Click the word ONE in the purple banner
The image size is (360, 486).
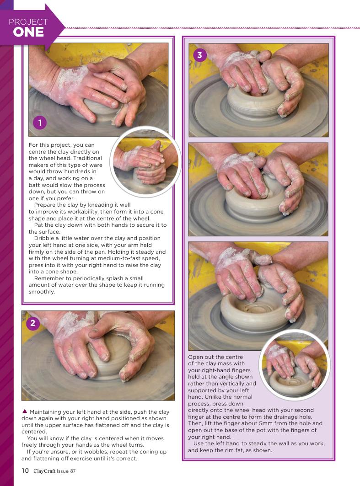click(28, 32)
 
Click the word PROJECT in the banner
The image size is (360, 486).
click(28, 21)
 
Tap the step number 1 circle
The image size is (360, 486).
click(40, 123)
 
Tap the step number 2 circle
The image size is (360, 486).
click(32, 324)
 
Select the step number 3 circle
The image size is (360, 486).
click(199, 55)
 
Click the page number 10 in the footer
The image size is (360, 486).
click(25, 470)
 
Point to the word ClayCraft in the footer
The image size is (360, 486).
click(44, 471)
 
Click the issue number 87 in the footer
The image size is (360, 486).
click(73, 471)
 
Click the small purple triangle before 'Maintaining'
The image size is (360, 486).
click(25, 411)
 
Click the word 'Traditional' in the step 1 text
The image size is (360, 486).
click(88, 158)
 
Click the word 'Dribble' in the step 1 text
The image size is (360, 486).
click(43, 238)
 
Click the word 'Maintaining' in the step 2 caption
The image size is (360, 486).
click(46, 412)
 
